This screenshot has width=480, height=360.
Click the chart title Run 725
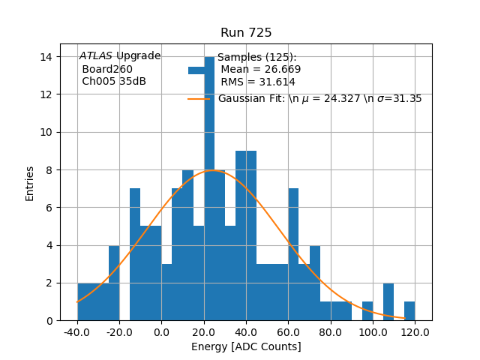point(246,33)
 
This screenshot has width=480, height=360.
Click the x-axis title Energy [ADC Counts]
point(246,346)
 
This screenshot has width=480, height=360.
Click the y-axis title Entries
point(30,183)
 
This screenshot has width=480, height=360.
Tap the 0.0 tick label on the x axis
point(162,331)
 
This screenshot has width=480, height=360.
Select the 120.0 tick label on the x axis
point(415,331)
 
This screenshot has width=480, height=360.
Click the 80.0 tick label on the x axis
point(331,331)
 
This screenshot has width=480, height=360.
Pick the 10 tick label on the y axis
point(46,132)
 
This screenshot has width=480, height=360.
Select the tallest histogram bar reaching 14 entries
point(209,187)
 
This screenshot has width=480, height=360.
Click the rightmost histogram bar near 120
point(409,311)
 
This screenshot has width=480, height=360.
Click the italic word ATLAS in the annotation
point(96,56)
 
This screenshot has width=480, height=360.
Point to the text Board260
point(107,69)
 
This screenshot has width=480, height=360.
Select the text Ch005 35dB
point(114,82)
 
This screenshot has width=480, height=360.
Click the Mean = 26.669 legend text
point(260,70)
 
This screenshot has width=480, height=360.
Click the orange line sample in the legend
point(198,98)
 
